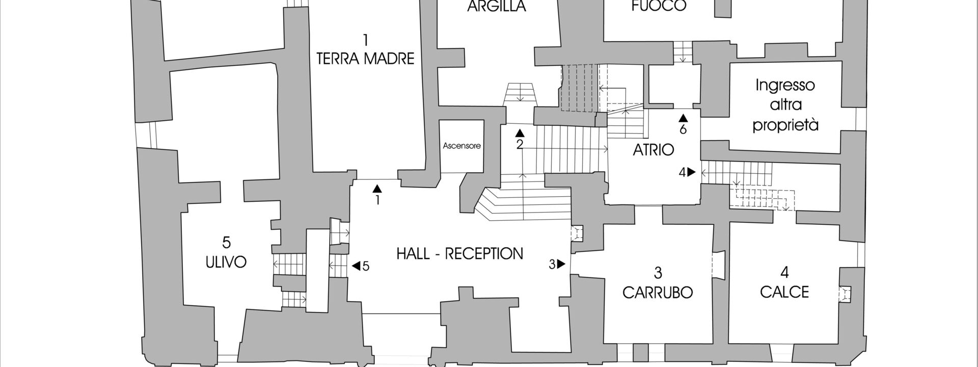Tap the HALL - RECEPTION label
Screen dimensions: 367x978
coord(459,253)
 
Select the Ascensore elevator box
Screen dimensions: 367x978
coord(461,146)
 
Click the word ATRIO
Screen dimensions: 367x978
coord(654,150)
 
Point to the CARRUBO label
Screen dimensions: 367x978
coord(658,292)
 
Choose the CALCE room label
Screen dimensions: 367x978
coord(784,292)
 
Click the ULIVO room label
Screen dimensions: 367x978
coord(226,262)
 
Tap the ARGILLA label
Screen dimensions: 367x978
coord(496,7)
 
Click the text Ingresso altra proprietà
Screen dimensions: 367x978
coord(785,104)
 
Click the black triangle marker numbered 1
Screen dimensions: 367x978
coord(377,188)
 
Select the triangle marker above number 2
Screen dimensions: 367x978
coord(520,133)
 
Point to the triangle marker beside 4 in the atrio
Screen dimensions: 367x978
coord(691,172)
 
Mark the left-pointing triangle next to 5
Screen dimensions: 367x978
coord(356,266)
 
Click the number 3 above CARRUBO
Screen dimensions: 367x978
coord(658,273)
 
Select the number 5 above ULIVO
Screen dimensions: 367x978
coord(227,242)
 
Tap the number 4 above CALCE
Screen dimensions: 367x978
coord(784,273)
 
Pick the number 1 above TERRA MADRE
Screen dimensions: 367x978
coord(365,39)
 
